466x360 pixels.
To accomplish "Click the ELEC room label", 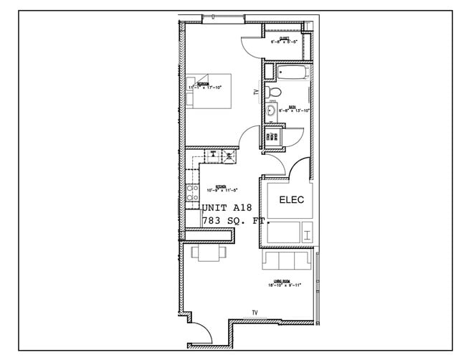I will click(x=292, y=200).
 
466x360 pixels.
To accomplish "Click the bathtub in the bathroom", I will click(x=293, y=72).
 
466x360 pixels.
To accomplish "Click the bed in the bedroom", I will click(x=209, y=90).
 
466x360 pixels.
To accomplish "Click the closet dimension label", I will click(x=283, y=42).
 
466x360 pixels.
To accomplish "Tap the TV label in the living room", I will click(x=255, y=312).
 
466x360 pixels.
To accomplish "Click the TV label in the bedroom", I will click(x=255, y=93).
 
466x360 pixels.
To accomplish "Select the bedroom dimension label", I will click(x=206, y=87).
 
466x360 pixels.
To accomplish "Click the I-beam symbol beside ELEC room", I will click(x=307, y=232).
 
